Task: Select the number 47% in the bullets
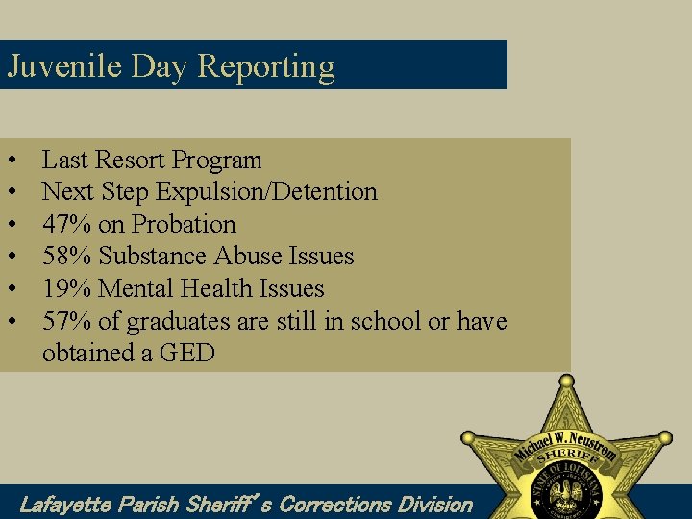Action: (x=67, y=224)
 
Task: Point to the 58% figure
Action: (x=67, y=257)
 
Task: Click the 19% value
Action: (x=67, y=288)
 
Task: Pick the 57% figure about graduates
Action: (x=67, y=321)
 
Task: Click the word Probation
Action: (x=184, y=224)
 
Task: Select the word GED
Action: (x=187, y=353)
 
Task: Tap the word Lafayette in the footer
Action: (x=65, y=504)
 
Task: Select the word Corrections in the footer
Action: (x=335, y=504)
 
